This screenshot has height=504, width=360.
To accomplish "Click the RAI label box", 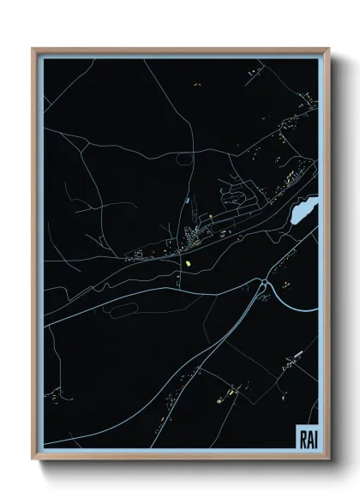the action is coord(307,438).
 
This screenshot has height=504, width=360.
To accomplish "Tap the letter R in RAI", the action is coord(303,439).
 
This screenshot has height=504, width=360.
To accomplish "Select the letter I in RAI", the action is coord(314,439).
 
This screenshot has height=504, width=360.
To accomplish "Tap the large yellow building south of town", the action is coord(187,263).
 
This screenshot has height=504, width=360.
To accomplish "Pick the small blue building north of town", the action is coord(187,201).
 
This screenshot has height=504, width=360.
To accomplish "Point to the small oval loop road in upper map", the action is coord(183,158).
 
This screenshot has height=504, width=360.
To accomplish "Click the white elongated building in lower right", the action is coord(297,356).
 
